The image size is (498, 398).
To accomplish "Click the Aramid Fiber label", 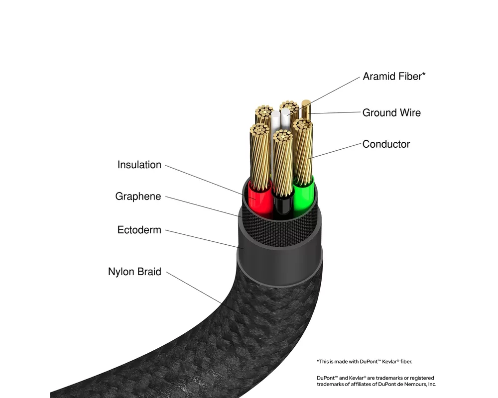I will click(x=394, y=76).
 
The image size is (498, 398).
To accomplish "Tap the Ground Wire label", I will click(x=391, y=112).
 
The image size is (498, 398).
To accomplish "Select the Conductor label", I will click(x=386, y=144).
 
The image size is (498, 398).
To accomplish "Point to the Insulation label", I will click(x=139, y=165).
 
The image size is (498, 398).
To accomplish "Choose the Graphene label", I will click(x=138, y=197).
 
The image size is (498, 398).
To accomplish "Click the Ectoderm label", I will click(x=139, y=230).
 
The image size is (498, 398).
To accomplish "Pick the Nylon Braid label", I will click(x=134, y=272).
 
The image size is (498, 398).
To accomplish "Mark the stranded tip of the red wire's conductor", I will click(x=258, y=130).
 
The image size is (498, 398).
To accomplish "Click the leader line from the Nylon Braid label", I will click(x=194, y=288).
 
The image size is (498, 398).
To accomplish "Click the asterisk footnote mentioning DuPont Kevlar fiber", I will click(x=364, y=361).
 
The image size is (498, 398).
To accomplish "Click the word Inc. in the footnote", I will click(x=429, y=384).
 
